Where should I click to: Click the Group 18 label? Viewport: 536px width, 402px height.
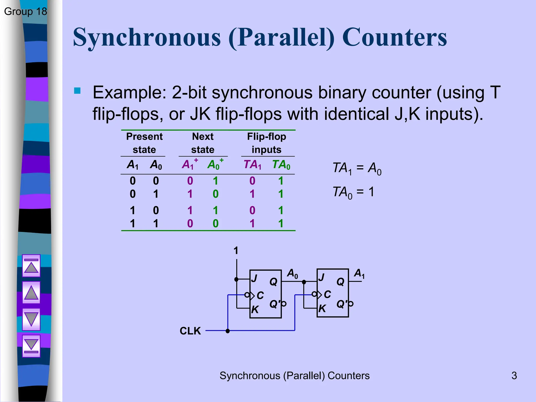coord(25,12)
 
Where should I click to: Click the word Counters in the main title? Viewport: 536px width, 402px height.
coord(394,37)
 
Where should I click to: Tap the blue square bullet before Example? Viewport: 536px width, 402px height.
coord(77,91)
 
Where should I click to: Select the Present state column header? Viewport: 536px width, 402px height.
coord(144,143)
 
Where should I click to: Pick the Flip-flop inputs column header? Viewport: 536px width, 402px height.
coord(266,143)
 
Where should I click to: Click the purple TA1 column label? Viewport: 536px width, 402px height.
coord(252,165)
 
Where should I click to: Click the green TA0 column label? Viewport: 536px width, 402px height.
coord(281,165)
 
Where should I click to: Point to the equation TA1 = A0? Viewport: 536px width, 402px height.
coord(357,168)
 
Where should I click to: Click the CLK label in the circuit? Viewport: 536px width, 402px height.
coord(190,331)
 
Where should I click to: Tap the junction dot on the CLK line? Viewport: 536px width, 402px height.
coord(228,331)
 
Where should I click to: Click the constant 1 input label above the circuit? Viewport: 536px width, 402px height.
coord(236,251)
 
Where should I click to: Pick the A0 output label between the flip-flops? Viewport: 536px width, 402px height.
coord(292,273)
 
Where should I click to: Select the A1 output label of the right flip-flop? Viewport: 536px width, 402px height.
coord(359,273)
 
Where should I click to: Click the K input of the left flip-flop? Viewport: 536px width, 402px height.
coord(255,310)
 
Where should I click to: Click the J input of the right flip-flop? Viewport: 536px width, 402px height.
coord(322,277)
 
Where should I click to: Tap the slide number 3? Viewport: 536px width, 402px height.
coord(514,376)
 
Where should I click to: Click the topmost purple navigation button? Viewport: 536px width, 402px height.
coord(31,266)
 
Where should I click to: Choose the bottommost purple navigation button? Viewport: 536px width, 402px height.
coord(31,346)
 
